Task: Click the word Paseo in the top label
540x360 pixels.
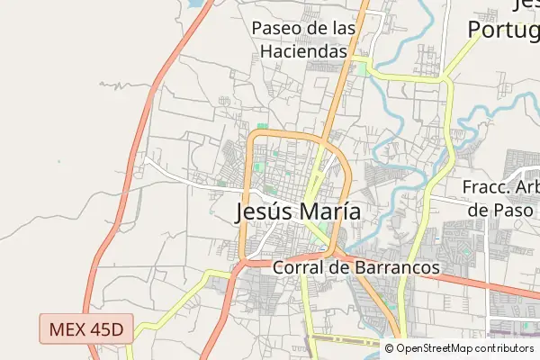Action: (x=275, y=29)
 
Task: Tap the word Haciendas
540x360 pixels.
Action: (x=304, y=51)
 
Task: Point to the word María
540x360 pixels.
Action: (x=330, y=211)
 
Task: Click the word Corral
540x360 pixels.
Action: (x=298, y=268)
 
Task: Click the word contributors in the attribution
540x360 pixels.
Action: (x=505, y=348)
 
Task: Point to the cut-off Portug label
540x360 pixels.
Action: (x=504, y=29)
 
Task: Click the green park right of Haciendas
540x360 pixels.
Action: (x=362, y=68)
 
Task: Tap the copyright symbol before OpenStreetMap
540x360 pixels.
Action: (x=390, y=348)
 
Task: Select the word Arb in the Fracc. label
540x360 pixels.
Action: (x=527, y=187)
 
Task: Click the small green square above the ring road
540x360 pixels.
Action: (x=262, y=126)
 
